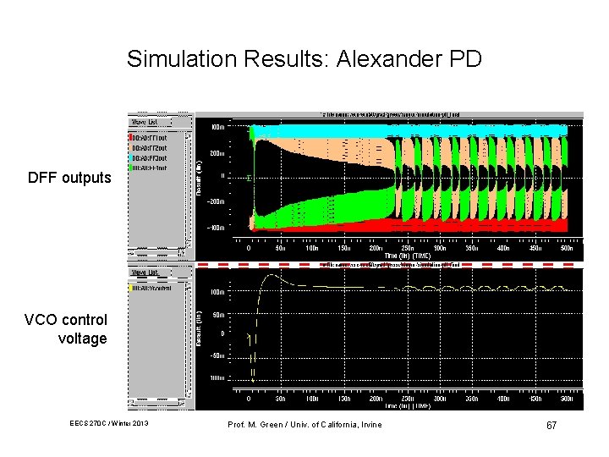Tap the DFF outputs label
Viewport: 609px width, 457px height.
(69, 178)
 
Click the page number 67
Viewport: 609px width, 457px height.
(551, 424)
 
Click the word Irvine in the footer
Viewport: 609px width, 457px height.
(370, 424)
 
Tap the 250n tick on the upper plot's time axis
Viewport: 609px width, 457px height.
(409, 249)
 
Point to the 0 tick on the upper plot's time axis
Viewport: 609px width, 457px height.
(249, 249)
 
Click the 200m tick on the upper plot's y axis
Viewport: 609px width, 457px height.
(217, 154)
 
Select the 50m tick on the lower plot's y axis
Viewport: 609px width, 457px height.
(217, 314)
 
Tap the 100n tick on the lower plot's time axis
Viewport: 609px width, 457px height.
(312, 399)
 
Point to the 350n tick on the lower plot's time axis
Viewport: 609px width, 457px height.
(473, 399)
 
